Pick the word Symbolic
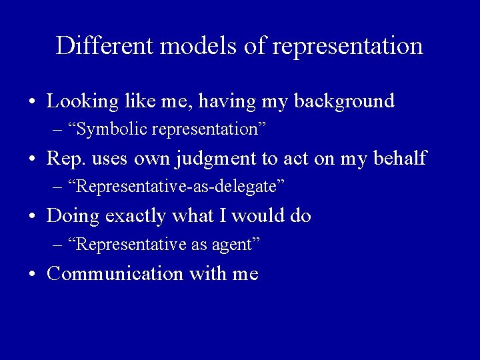point(109,129)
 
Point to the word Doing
point(71,217)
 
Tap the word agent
point(233,245)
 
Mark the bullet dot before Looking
point(32,103)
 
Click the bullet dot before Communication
point(32,274)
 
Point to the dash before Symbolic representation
point(58,129)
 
